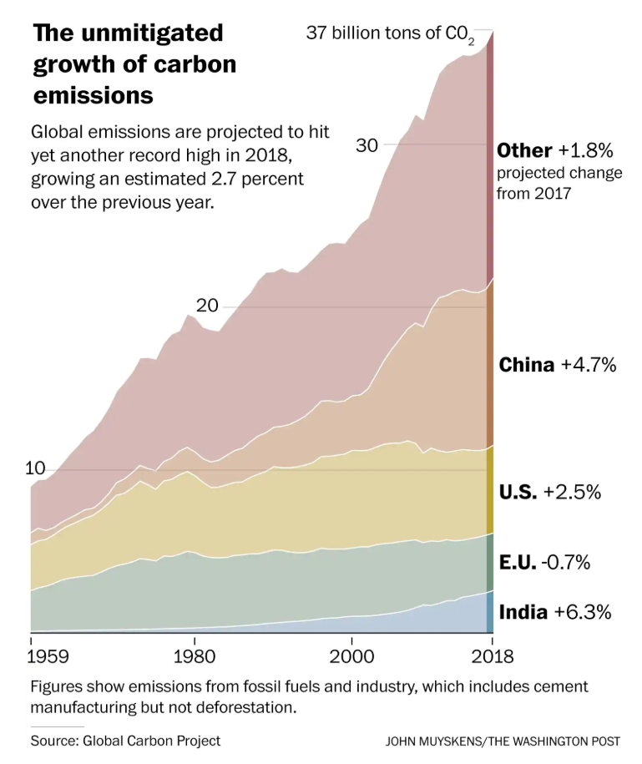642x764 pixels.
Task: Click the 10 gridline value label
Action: pos(34,468)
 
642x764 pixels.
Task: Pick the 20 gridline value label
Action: pos(207,306)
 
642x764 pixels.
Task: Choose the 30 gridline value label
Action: pos(367,145)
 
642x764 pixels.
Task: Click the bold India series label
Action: pos(523,612)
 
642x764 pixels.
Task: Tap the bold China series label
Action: pos(526,365)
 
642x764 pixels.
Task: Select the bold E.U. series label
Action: pos(518,562)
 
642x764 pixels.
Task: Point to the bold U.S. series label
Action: pos(518,492)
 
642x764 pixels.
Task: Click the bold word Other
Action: pos(524,150)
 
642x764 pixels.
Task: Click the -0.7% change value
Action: pos(565,562)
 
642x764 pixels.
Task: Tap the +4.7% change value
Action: pos(588,365)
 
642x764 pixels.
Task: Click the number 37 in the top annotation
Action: pos(316,33)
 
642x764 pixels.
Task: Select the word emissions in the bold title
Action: pos(94,95)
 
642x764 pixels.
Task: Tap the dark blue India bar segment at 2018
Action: pos(490,612)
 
